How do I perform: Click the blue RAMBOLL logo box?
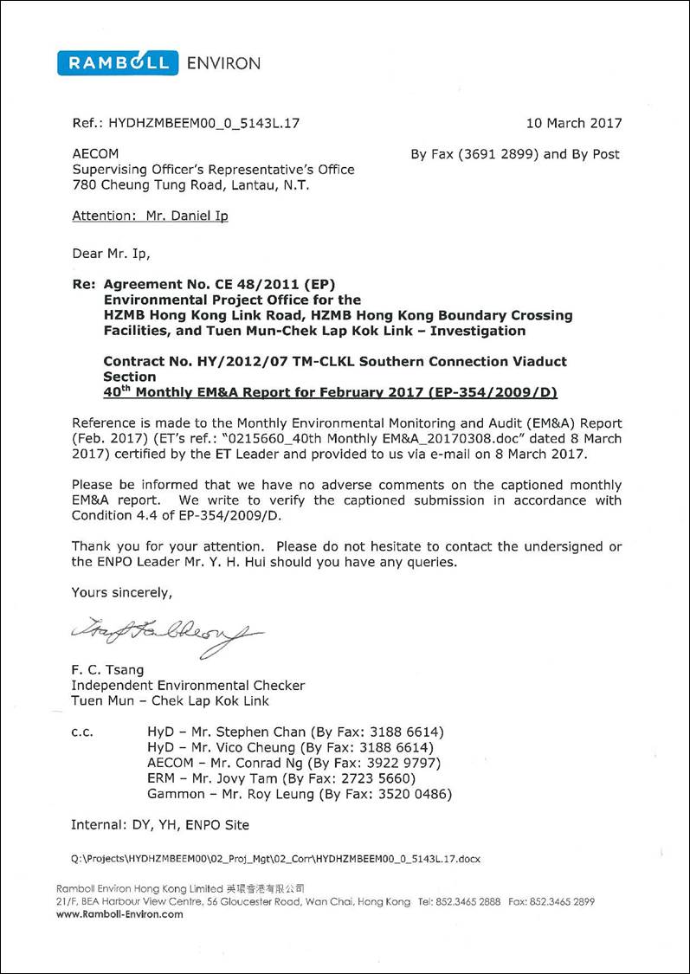pos(118,62)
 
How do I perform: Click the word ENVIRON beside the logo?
pos(222,63)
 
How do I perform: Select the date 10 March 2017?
pos(573,123)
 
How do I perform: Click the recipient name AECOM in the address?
pos(95,154)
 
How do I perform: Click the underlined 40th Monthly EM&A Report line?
pos(331,393)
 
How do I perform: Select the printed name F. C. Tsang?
pos(107,670)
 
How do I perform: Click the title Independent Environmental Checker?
pos(188,686)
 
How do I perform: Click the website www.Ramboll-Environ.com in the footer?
pos(119,914)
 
